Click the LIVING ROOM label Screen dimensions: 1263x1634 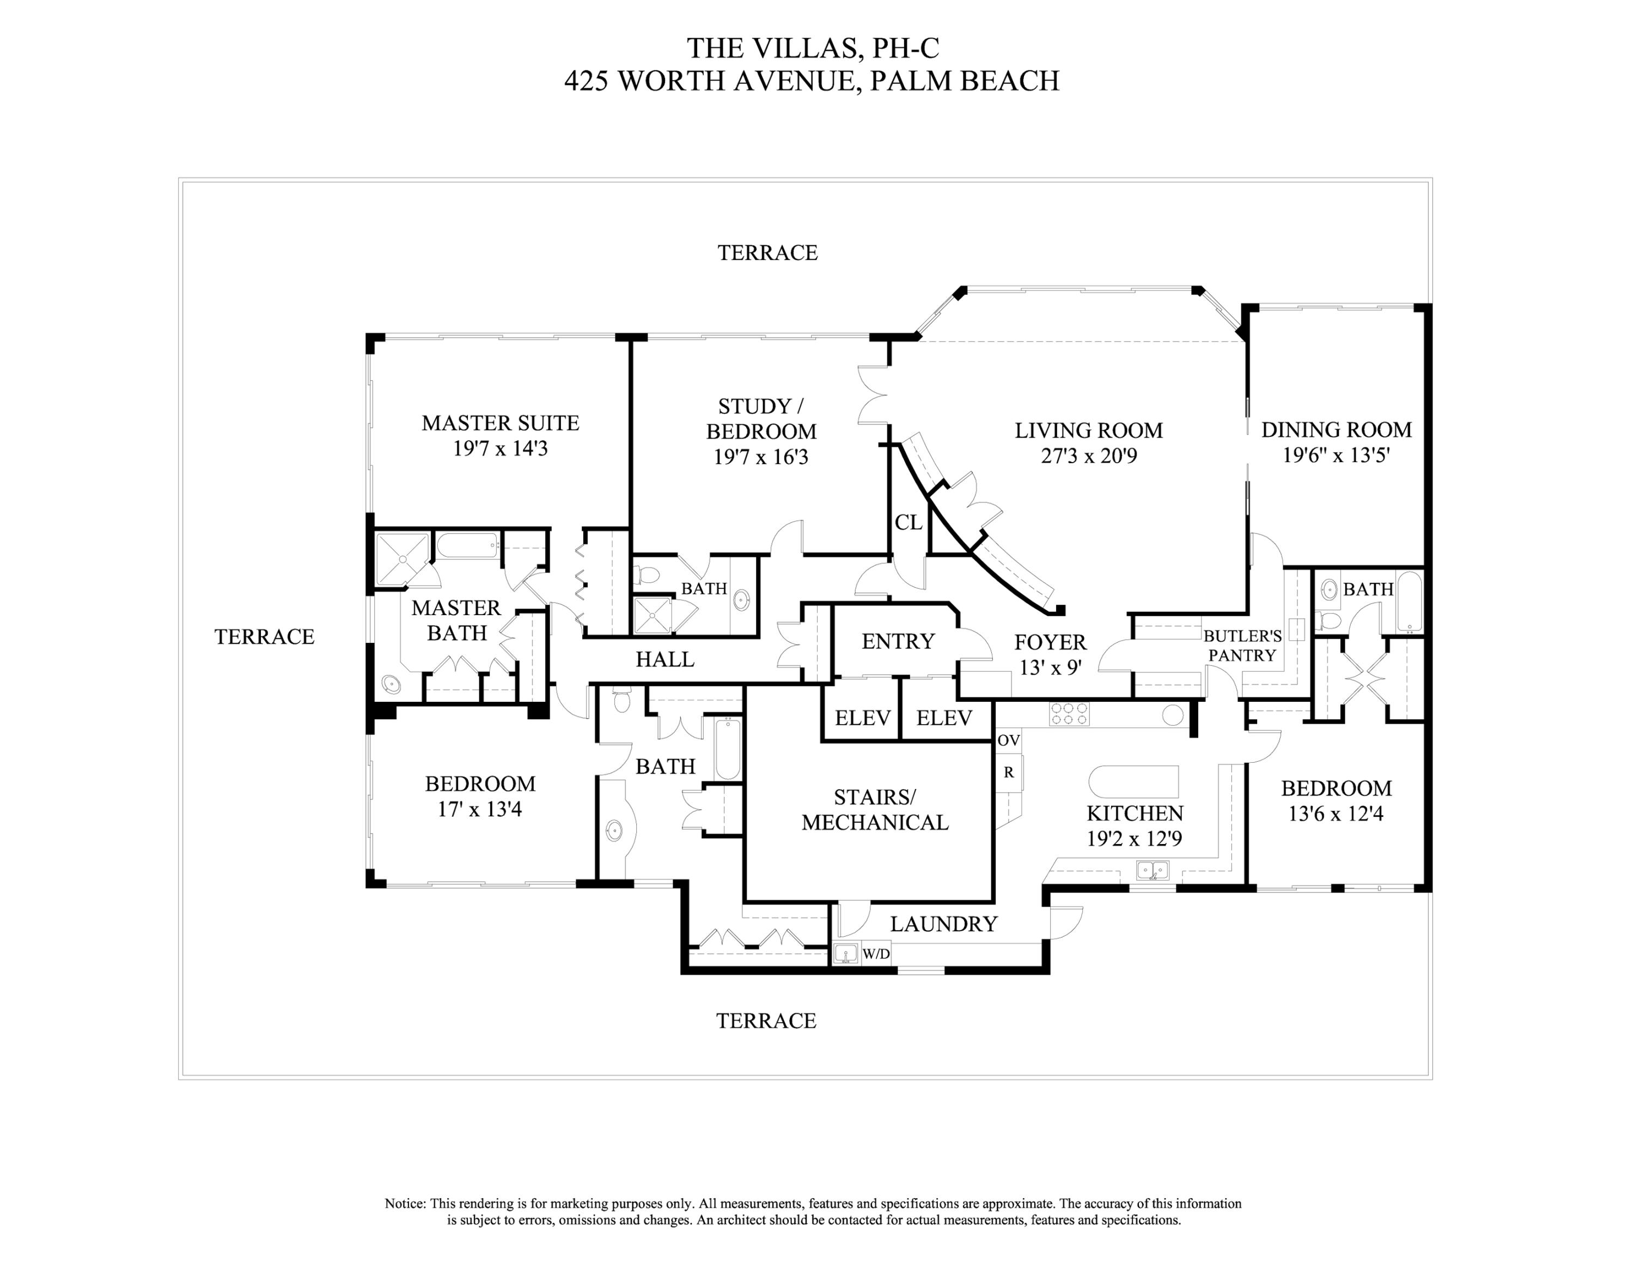click(1089, 430)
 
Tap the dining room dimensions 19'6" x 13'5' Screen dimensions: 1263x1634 click(1336, 455)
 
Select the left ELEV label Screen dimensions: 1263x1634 click(863, 718)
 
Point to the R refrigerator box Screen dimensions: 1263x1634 click(1009, 772)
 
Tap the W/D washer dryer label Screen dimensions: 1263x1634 click(876, 954)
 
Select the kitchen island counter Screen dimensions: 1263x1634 click(1133, 782)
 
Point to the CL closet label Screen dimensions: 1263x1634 click(909, 523)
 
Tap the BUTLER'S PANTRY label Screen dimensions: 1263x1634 click(1242, 646)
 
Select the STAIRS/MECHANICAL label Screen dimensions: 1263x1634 click(875, 810)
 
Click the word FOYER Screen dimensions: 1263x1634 click(1050, 642)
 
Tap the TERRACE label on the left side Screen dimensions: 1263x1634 click(264, 637)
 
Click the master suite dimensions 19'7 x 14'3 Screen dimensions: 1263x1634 click(500, 448)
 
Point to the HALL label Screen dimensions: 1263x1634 click(664, 659)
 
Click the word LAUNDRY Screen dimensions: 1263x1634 click(943, 924)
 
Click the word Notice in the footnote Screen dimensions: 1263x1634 click(405, 1204)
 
